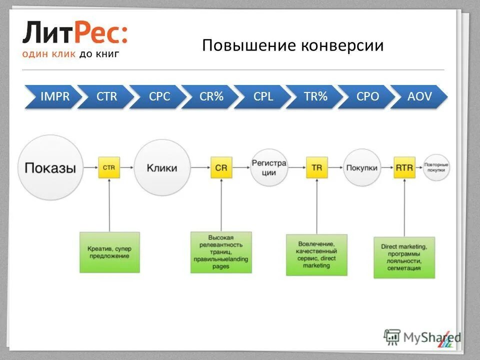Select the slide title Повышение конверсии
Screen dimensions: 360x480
click(293, 45)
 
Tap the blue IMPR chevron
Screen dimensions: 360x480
click(53, 96)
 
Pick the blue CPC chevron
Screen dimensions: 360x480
click(159, 96)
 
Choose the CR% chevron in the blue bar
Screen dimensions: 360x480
click(211, 96)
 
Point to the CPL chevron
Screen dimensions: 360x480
click(263, 96)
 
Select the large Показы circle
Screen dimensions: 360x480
click(50, 167)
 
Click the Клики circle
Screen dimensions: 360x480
click(161, 168)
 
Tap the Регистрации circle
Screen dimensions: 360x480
click(269, 168)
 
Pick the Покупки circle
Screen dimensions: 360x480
click(361, 168)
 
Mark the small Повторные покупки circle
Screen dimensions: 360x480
click(436, 167)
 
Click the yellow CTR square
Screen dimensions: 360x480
click(108, 168)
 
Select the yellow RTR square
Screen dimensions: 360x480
click(404, 168)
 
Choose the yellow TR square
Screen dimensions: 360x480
click(316, 168)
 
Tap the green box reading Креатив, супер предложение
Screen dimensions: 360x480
click(109, 252)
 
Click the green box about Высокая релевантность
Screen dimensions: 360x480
click(220, 252)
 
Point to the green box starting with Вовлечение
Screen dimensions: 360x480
click(316, 254)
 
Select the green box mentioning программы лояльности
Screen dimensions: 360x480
click(403, 257)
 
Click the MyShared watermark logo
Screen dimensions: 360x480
click(423, 337)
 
